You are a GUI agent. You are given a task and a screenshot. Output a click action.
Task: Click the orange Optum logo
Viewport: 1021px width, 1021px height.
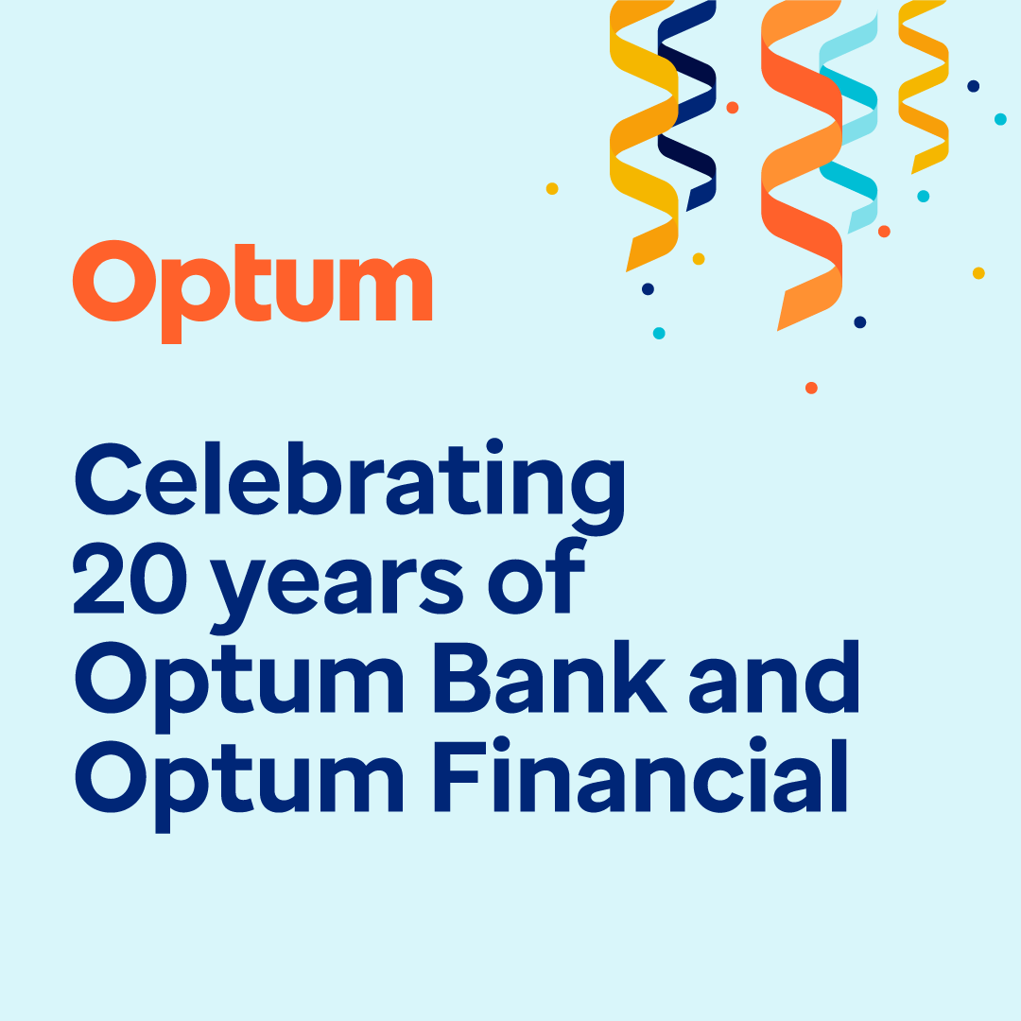click(x=252, y=284)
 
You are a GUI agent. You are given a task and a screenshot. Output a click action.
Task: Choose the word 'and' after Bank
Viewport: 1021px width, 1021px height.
click(x=773, y=678)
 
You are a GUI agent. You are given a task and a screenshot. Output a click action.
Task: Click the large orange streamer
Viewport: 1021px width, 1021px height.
click(x=802, y=170)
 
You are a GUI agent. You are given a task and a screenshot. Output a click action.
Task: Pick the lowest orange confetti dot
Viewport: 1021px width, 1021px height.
click(x=811, y=388)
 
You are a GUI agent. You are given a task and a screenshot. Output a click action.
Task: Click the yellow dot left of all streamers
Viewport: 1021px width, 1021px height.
click(x=552, y=188)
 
